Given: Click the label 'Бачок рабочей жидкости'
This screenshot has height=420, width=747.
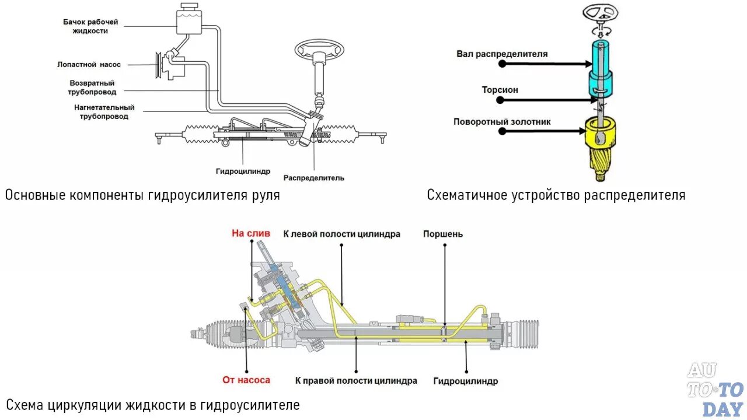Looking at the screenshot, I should [90, 26].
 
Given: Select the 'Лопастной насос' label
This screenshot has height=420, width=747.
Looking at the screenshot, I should [89, 65].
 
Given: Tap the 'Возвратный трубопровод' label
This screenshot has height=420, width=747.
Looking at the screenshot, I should [93, 87].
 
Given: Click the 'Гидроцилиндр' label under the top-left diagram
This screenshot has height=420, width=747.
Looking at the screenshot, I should [243, 171].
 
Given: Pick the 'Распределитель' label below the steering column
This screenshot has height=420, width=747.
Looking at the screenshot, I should [314, 177].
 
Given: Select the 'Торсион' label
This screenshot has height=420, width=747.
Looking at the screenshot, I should [500, 90].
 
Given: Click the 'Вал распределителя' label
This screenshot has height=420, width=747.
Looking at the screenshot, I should [502, 54].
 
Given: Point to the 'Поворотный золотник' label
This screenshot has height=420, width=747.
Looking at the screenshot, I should [502, 122].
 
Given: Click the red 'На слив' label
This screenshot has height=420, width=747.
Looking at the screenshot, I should [251, 233].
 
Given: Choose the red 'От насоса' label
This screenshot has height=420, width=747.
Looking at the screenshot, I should [246, 380].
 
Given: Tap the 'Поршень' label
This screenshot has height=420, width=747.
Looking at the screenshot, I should [443, 234].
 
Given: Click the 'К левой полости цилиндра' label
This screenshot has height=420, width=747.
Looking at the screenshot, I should [342, 234].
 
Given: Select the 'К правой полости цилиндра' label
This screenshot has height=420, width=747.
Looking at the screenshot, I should [356, 380].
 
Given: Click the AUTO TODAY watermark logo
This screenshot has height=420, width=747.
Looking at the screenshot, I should [715, 390].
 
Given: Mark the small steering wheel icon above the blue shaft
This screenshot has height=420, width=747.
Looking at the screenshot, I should [601, 13].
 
